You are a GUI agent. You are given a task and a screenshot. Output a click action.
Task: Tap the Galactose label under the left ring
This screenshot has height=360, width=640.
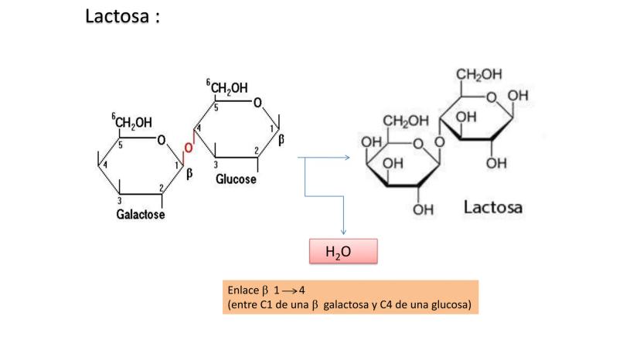tap(141, 214)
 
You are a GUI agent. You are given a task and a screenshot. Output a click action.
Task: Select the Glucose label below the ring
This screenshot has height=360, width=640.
tap(236, 179)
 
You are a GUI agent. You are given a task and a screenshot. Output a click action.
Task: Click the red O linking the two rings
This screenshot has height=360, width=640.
tap(188, 148)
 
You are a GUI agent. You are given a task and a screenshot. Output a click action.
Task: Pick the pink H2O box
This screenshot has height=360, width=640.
tap(343, 251)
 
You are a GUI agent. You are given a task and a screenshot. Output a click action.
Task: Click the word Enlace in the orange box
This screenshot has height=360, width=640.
tap(243, 291)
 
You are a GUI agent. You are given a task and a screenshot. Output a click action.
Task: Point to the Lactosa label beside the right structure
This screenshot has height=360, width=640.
tap(493, 206)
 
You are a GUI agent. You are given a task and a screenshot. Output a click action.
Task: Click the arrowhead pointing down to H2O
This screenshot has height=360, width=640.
tap(342, 232)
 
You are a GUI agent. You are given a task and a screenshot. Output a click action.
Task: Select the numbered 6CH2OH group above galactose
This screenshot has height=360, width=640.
tap(132, 121)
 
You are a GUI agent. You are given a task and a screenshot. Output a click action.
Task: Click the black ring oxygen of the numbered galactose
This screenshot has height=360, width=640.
tap(161, 141)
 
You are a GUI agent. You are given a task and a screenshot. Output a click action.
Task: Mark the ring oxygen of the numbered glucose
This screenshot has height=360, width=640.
tap(257, 103)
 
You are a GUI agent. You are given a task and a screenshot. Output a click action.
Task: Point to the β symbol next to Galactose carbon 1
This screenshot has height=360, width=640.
tap(189, 174)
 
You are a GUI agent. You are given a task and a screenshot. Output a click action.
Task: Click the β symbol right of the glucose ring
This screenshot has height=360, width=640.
tap(281, 140)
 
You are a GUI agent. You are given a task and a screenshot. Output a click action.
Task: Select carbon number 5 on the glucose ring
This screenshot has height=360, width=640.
tap(216, 108)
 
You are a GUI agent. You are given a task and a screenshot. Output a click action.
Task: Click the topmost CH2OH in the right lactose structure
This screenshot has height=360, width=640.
tap(479, 75)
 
